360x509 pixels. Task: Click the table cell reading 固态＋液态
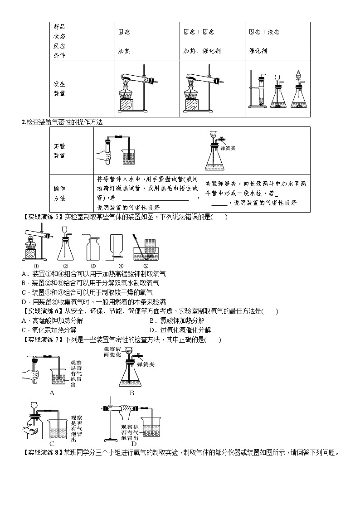point(264,32)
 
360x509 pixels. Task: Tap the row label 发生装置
point(59,89)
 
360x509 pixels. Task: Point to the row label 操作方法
point(59,193)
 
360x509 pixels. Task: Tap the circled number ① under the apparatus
point(36,267)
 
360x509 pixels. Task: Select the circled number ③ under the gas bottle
point(93,267)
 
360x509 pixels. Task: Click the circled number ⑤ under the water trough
point(146,267)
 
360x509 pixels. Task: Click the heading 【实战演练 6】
point(41,311)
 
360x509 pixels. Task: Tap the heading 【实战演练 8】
point(41,452)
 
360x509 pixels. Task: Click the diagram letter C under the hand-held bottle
point(52,444)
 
